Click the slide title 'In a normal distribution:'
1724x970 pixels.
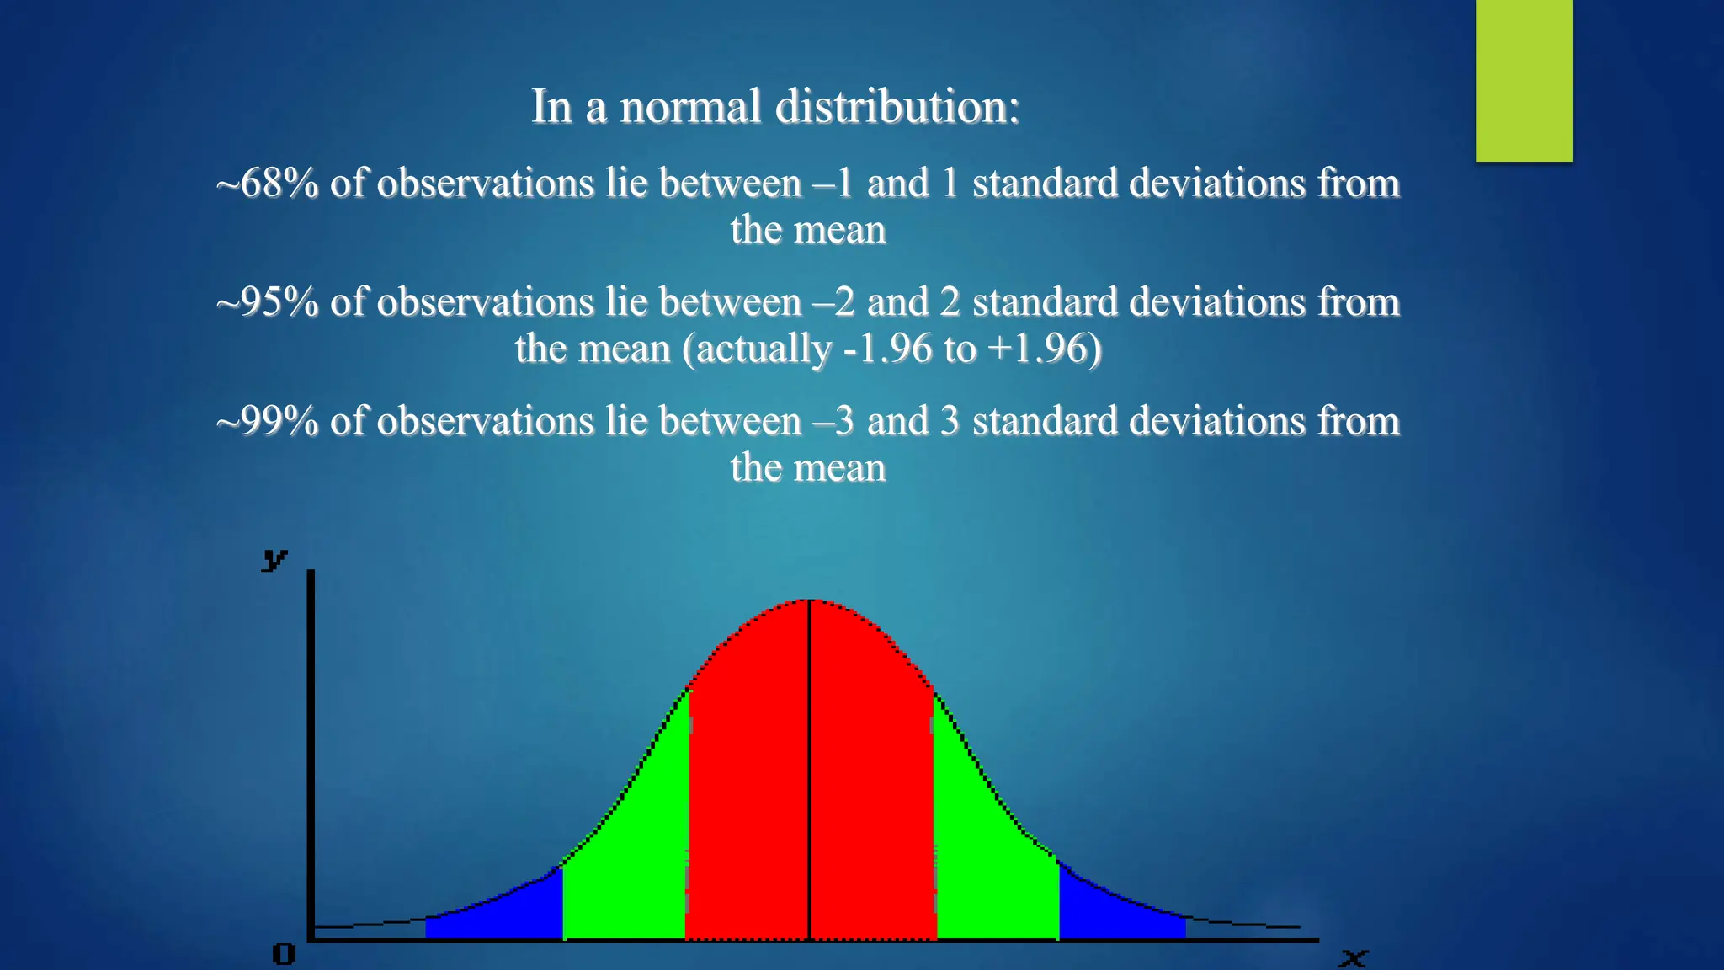[x=775, y=107]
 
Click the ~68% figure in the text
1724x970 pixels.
[x=267, y=184]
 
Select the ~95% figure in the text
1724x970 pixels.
[x=267, y=302]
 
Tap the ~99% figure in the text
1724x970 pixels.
[x=267, y=421]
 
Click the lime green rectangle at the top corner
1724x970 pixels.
[x=1524, y=80]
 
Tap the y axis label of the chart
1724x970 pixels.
[x=274, y=558]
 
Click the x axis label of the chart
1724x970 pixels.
[x=1354, y=957]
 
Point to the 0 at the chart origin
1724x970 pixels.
[x=285, y=954]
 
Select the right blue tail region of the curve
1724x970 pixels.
[x=1111, y=914]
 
